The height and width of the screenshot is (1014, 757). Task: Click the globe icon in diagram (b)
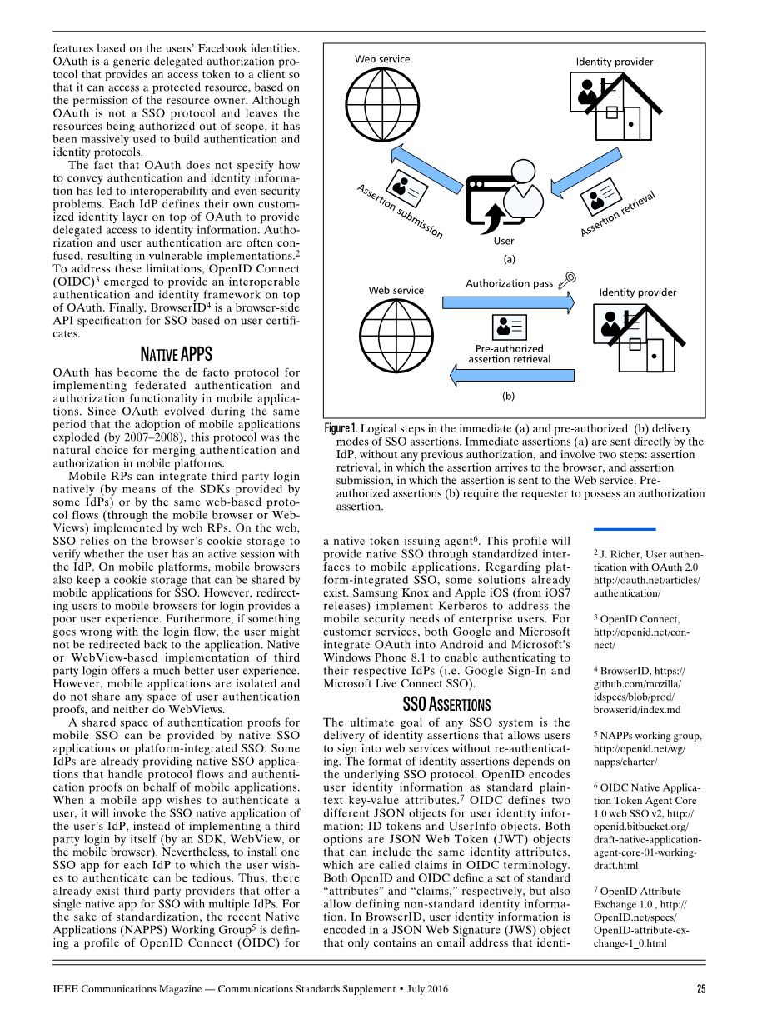392,330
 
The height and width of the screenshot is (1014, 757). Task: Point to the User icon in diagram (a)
503,203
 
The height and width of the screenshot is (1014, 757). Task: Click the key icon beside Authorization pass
567,281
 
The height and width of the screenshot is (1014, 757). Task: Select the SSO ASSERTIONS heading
446,705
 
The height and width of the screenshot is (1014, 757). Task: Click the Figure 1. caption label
341,428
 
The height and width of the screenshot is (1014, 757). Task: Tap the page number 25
700,989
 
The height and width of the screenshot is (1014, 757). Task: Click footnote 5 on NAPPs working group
647,748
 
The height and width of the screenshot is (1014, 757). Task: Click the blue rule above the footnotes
625,529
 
